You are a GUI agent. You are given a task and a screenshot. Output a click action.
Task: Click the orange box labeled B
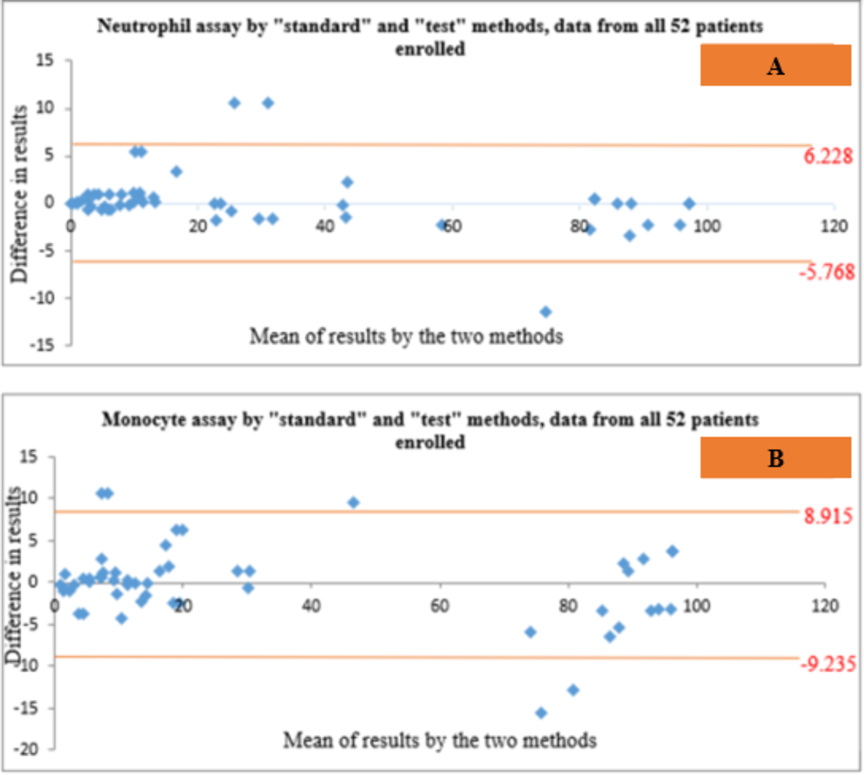[775, 458]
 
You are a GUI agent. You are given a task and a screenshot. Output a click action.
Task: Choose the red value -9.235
[827, 664]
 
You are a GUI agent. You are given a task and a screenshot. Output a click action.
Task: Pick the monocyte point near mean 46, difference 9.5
[353, 502]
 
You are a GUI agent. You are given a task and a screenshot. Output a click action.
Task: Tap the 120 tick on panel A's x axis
[834, 226]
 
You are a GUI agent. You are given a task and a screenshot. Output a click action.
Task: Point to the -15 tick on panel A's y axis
[43, 345]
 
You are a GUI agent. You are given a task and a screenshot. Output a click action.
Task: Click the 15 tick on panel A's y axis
[45, 61]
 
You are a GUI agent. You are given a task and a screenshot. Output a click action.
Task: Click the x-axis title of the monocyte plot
[440, 740]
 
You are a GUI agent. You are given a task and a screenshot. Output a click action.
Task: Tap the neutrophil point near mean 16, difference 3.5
[176, 172]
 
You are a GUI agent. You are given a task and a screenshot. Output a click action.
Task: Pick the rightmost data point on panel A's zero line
[689, 204]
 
